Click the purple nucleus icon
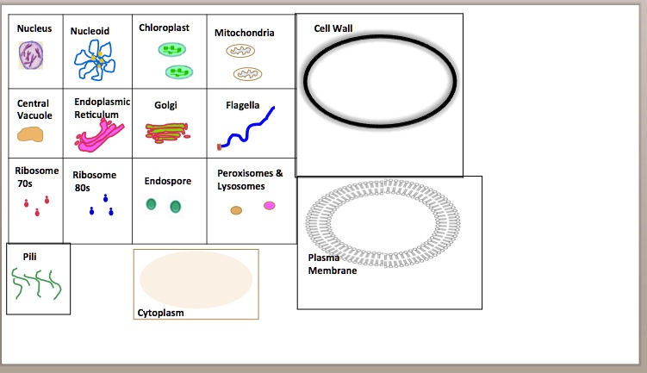[31, 56]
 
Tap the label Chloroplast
[164, 28]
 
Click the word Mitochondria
[245, 33]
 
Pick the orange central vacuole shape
[30, 134]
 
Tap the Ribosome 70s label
[38, 177]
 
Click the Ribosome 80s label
[94, 181]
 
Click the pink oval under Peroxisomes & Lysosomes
[270, 206]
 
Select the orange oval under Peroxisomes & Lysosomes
[236, 209]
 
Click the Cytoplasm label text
[160, 313]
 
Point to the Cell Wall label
[333, 28]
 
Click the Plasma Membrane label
[327, 264]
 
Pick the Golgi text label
[165, 105]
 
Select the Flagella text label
[242, 105]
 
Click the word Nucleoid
[90, 30]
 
